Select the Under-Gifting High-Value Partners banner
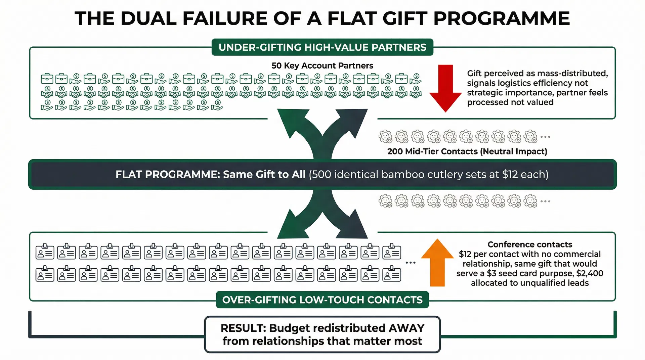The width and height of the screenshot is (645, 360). tap(322, 47)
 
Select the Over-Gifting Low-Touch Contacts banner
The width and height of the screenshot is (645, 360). tap(322, 300)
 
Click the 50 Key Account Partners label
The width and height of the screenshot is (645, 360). tap(322, 65)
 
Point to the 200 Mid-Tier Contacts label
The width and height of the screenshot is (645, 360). tap(467, 151)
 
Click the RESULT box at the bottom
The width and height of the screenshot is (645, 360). tap(322, 334)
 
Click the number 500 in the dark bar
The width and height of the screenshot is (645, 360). tap(321, 175)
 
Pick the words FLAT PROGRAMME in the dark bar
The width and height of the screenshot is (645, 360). tap(167, 175)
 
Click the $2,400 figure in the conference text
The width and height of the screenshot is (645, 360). tap(590, 273)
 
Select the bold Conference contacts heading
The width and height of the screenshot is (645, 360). tap(530, 244)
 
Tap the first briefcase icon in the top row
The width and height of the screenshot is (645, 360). tap(47, 79)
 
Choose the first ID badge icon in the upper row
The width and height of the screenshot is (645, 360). tap(45, 252)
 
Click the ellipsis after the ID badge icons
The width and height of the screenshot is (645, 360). tap(411, 263)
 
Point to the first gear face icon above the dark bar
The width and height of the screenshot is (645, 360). tap(385, 137)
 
